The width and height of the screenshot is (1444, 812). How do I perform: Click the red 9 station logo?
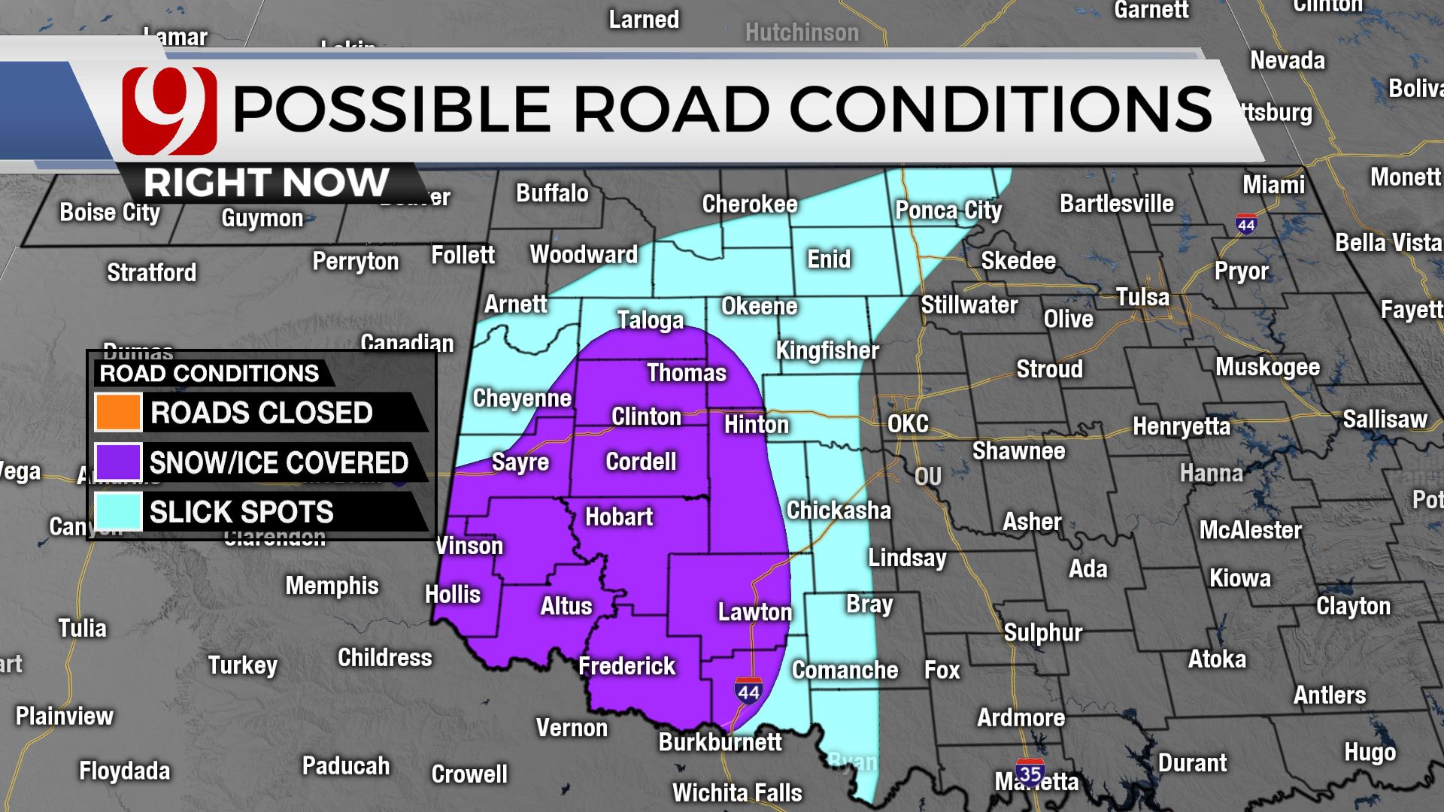(169, 109)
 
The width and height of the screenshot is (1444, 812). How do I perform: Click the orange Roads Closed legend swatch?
(118, 412)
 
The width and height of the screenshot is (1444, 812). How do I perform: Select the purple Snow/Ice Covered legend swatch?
(118, 462)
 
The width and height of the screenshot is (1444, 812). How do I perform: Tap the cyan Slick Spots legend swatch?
(118, 511)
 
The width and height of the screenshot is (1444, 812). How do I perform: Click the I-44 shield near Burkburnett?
(748, 690)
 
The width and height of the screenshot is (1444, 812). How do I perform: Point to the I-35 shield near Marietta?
(1030, 772)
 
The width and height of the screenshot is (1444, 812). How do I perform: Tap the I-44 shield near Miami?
(1246, 224)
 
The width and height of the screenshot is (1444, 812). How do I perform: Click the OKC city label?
(908, 424)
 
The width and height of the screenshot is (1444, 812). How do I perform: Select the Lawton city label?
(754, 612)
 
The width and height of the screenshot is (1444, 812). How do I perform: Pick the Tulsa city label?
(1142, 297)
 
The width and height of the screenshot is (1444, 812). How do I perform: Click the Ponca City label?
(948, 211)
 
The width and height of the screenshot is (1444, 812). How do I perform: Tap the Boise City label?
(110, 213)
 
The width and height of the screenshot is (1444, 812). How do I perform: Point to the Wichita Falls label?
(737, 792)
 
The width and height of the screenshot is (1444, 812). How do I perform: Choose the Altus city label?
(566, 606)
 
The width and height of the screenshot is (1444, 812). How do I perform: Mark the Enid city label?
(829, 259)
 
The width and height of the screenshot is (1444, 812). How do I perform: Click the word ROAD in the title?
(672, 109)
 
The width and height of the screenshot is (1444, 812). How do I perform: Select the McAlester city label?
(1250, 530)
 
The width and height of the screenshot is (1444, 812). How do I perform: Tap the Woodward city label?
(584, 255)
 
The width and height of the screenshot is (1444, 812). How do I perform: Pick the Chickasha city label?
(839, 511)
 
